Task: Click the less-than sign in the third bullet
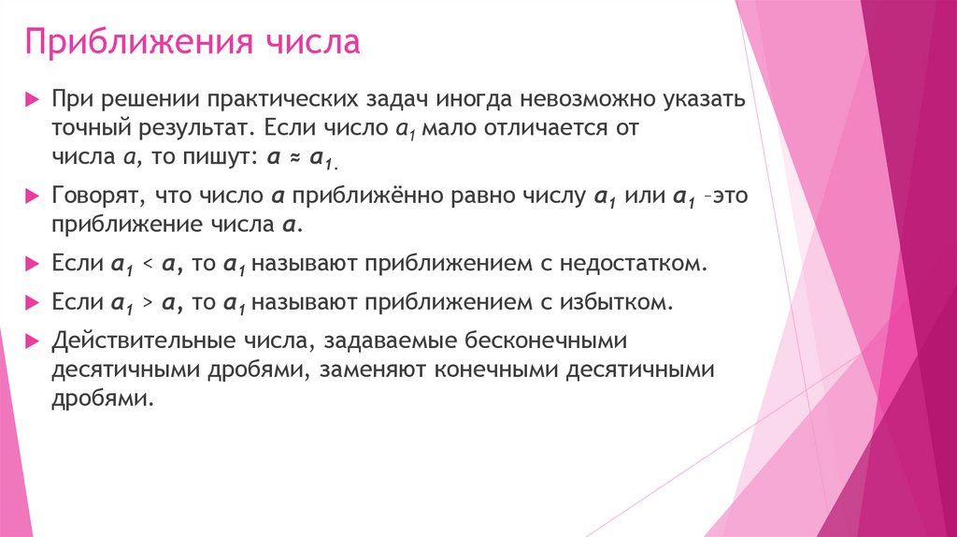coord(147,266)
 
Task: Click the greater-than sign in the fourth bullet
coord(147,303)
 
